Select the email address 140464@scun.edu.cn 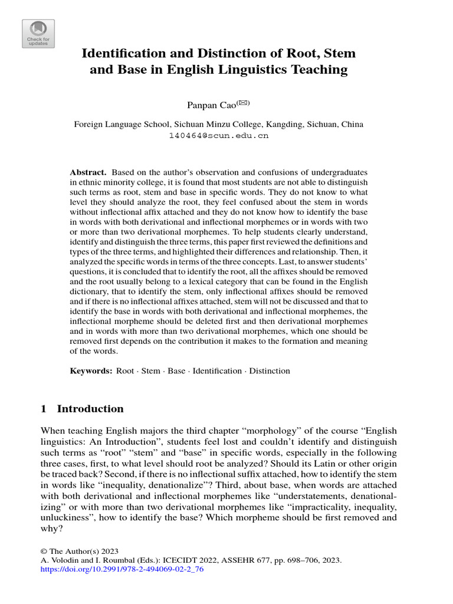point(218,135)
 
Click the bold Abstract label point(88,172)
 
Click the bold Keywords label point(91,371)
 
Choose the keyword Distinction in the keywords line point(270,371)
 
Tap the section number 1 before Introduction point(44,409)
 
